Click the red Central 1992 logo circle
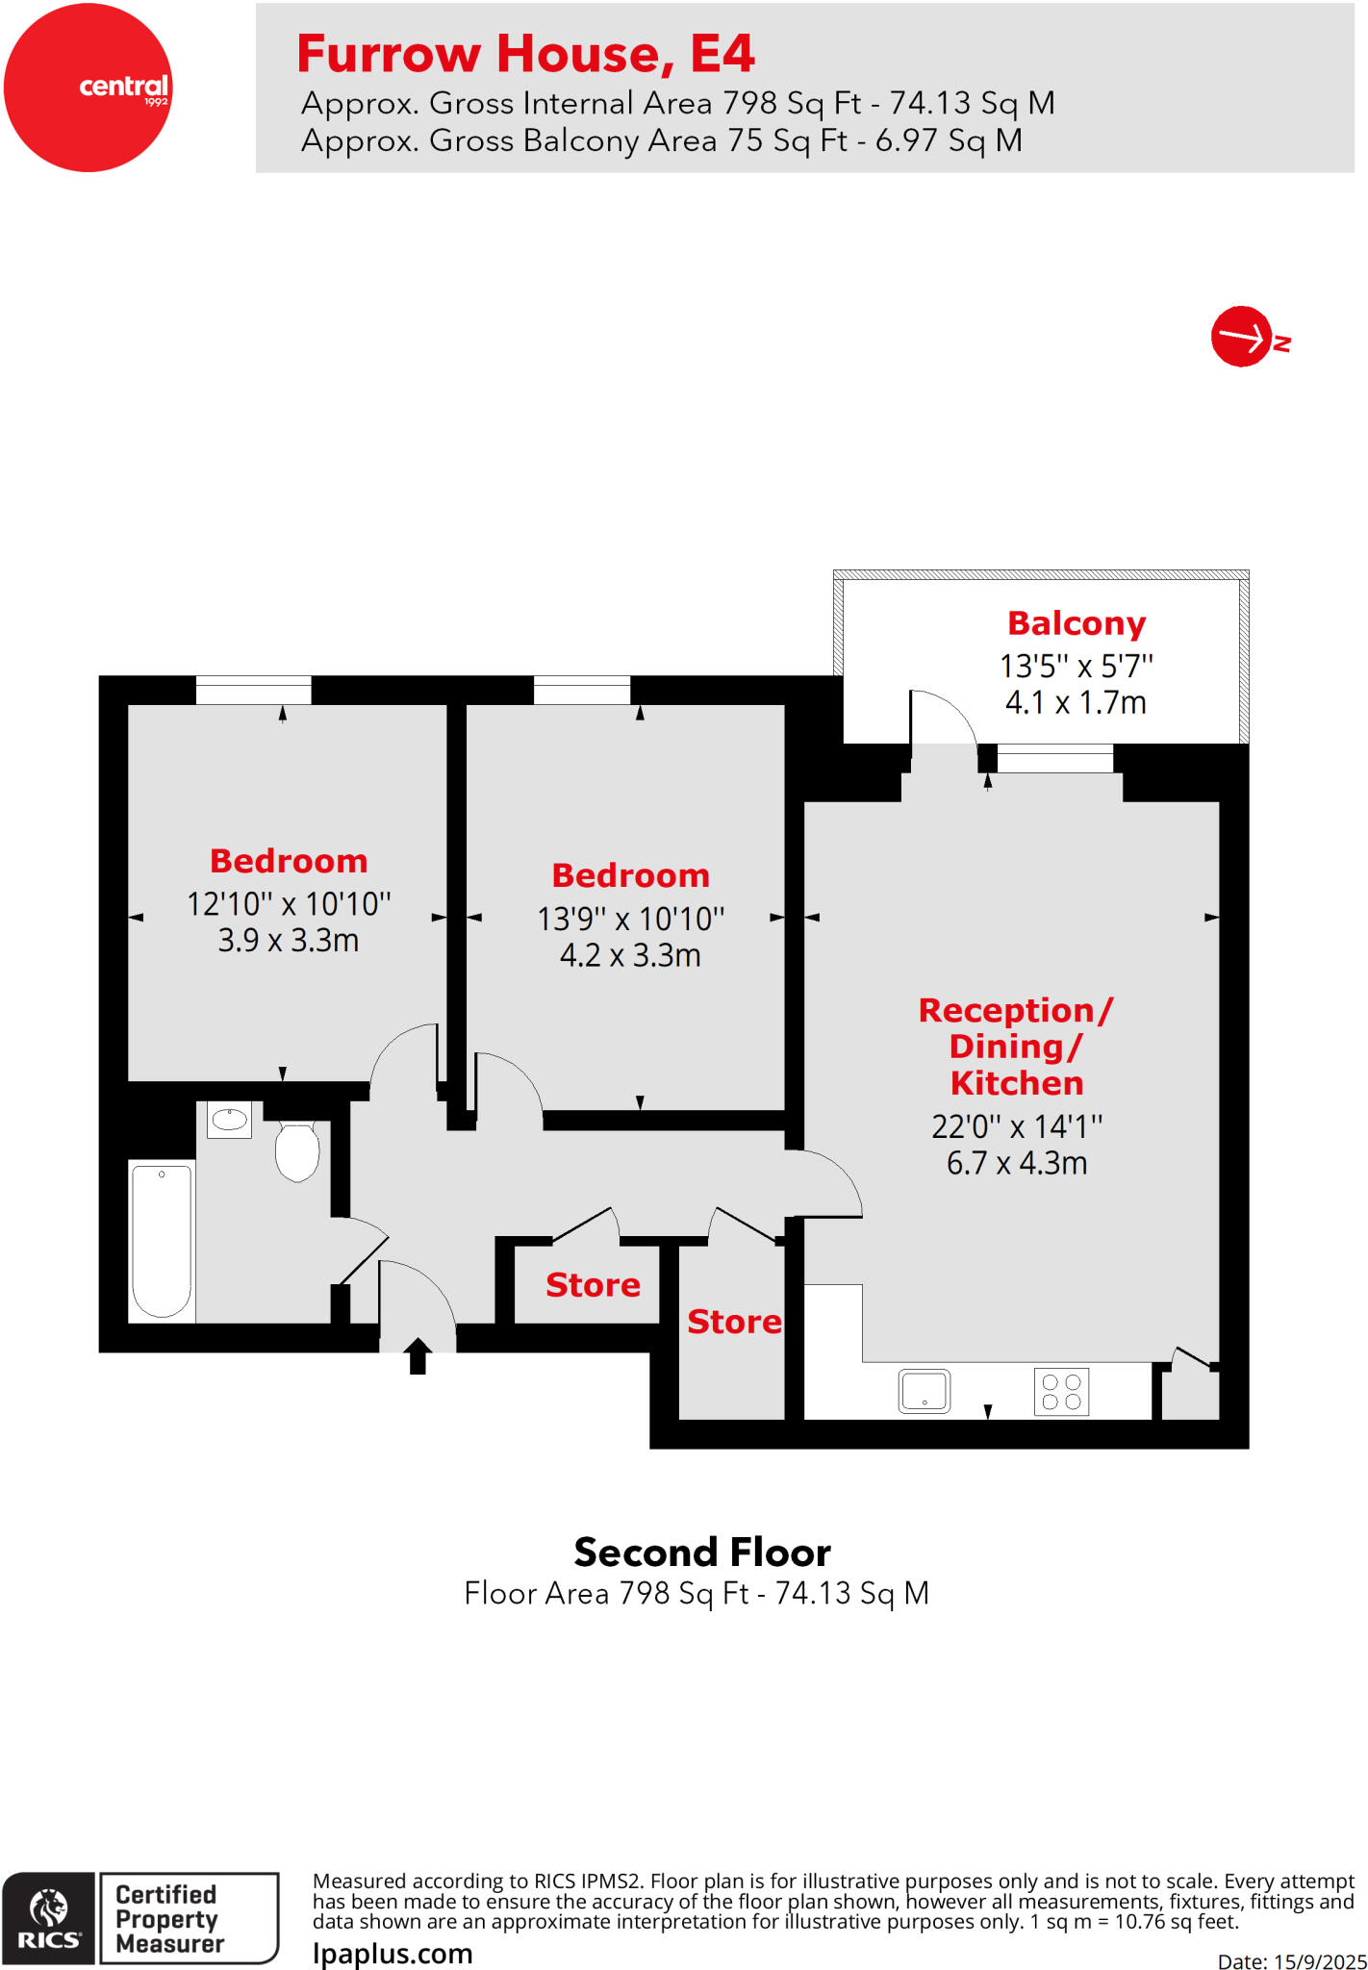click(x=88, y=88)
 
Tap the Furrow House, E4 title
click(x=525, y=54)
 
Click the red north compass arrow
click(x=1242, y=337)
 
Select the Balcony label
click(x=1076, y=623)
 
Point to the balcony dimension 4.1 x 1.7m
click(x=1076, y=703)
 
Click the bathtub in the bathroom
click(x=162, y=1240)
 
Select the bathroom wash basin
click(x=229, y=1120)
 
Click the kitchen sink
click(x=925, y=1391)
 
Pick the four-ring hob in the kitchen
click(x=1062, y=1392)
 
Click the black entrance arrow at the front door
click(x=418, y=1355)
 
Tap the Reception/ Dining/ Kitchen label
click(x=1017, y=1047)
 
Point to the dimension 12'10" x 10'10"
click(x=289, y=904)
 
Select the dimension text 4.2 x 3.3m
click(x=630, y=956)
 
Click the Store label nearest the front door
click(x=593, y=1285)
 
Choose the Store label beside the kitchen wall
click(x=734, y=1322)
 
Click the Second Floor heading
click(x=702, y=1553)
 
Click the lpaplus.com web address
click(x=393, y=1954)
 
